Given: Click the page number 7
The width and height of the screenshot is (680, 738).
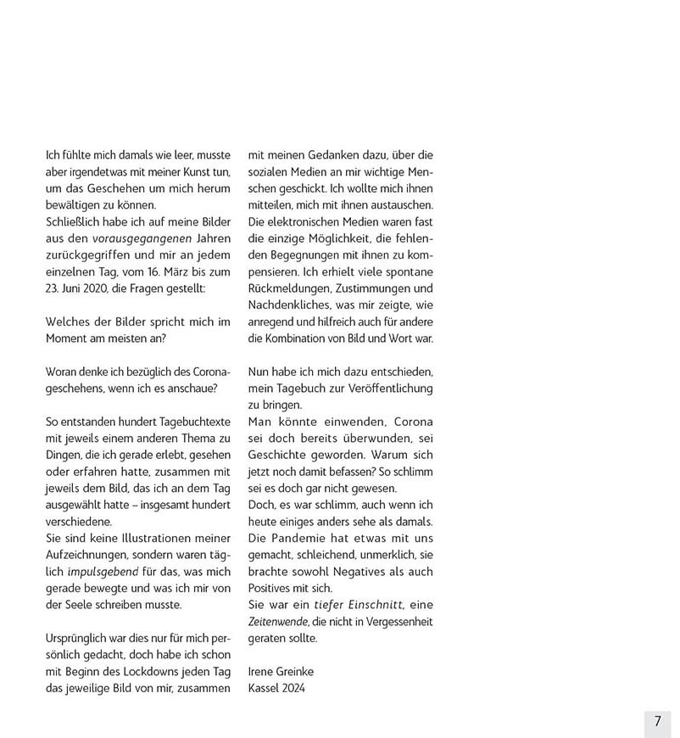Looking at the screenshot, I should tap(657, 721).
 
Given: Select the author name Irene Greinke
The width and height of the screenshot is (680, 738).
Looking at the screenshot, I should tap(281, 672).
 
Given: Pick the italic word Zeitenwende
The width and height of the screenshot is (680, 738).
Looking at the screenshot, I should tap(276, 622).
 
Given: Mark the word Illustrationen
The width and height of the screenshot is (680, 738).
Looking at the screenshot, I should tap(150, 540).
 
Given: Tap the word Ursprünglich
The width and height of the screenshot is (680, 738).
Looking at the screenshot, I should tap(81, 639).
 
